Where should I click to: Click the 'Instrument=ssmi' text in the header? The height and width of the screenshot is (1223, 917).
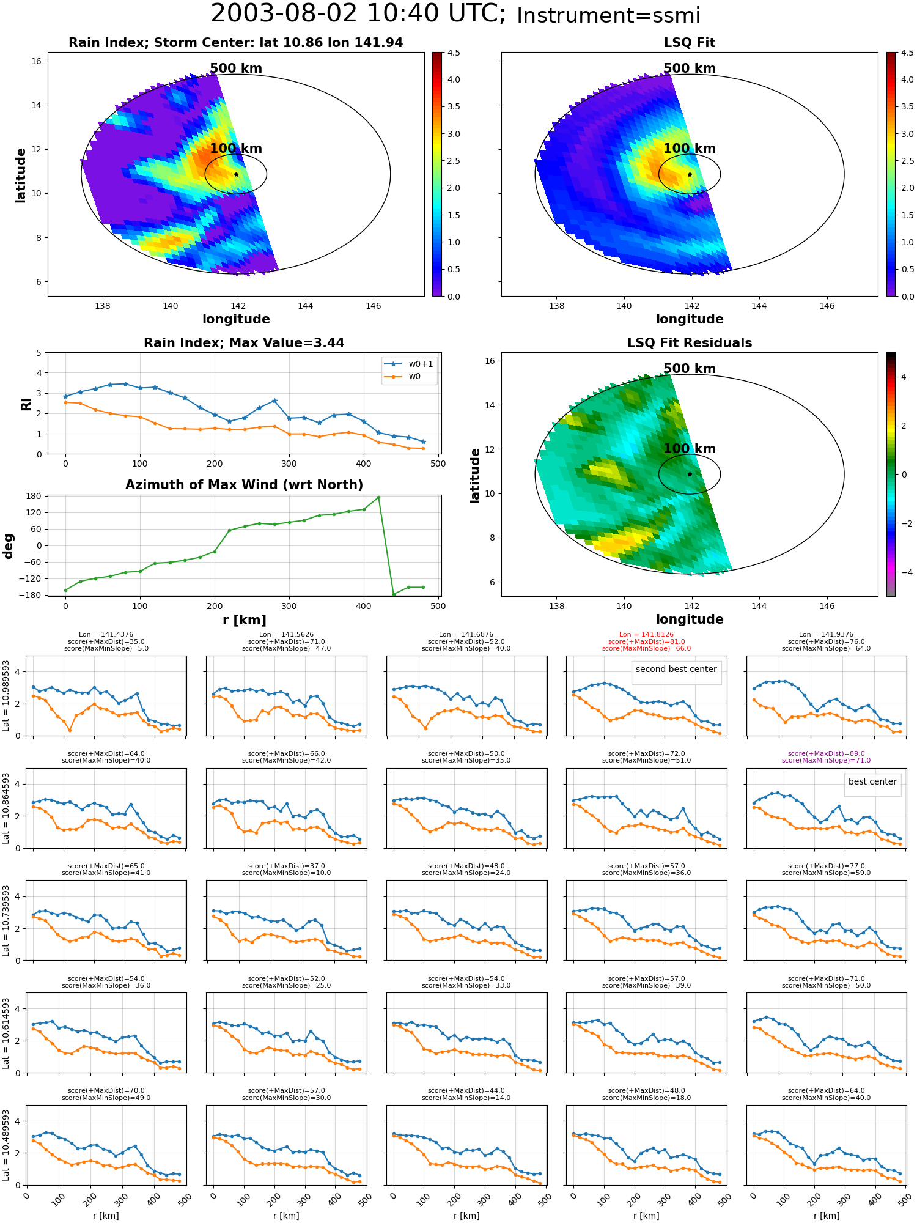point(608,16)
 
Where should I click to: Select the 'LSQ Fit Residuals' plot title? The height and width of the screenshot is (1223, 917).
point(690,343)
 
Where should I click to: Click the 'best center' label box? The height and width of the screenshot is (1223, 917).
point(872,781)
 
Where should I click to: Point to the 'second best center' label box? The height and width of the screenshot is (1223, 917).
point(676,669)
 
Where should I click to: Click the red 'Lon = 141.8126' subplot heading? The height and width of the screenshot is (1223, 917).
point(646,634)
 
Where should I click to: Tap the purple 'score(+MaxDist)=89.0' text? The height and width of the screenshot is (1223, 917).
point(826,753)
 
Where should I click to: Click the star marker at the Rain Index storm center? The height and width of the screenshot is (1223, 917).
point(236,174)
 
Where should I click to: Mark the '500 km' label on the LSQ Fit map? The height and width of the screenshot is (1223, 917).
point(690,68)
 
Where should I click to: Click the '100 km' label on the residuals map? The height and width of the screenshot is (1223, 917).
point(690,449)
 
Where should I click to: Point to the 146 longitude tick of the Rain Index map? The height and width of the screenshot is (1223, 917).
point(373,306)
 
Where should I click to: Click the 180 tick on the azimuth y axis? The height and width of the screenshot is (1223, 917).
point(34,496)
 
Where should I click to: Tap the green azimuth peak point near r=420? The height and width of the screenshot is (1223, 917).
point(378,497)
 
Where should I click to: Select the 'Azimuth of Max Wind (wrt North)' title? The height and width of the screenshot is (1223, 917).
point(244,485)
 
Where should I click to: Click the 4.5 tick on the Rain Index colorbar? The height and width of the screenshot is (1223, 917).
point(454,53)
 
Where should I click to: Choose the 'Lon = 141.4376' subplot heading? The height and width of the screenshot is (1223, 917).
point(106,634)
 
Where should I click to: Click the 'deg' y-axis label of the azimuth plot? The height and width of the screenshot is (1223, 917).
point(8,545)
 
